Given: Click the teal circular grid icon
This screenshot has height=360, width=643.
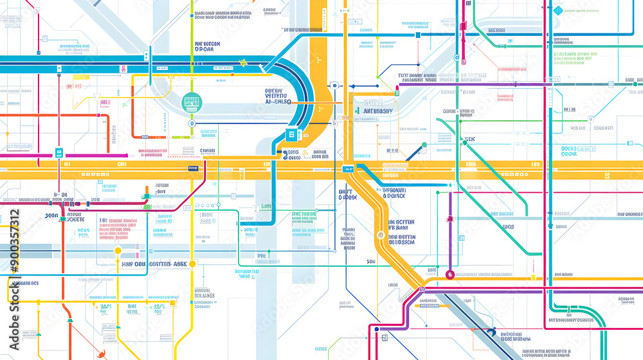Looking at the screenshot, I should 192,102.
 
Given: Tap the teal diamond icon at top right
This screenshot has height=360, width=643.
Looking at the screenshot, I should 558,10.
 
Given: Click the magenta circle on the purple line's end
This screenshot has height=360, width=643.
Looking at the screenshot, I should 449,274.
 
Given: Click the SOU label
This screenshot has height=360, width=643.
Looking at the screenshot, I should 370,262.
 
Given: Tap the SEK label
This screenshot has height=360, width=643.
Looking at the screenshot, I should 469,139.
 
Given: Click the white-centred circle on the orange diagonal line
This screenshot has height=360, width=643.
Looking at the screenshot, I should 381,235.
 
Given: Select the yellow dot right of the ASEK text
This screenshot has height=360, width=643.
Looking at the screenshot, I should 192,264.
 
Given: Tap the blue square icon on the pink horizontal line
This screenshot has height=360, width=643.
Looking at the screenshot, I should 59,153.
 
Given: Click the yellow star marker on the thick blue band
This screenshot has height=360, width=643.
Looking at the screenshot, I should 244,62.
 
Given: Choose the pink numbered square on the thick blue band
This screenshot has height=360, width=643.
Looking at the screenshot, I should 122,69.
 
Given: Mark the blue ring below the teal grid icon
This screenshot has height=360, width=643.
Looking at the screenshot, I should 191,123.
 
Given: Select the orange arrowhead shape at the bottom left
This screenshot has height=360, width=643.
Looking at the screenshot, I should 100,353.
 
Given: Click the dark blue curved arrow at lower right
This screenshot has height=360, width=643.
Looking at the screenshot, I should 491,332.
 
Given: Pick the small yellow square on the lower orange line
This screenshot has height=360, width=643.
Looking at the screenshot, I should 532,278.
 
